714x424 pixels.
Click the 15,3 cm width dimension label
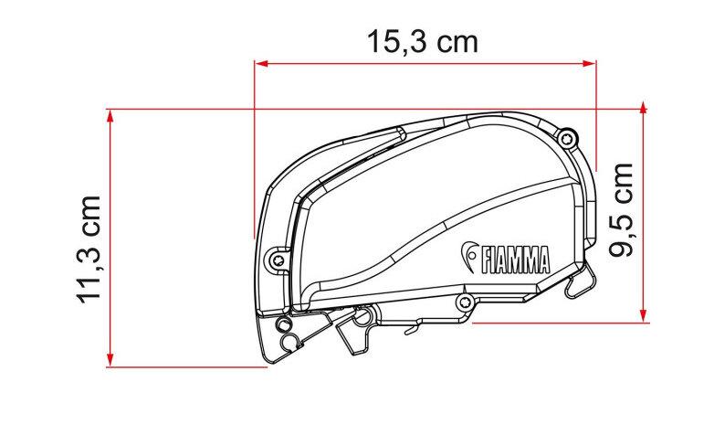point(423,41)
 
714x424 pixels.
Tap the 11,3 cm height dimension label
point(89,249)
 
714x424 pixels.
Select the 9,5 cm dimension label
point(621,209)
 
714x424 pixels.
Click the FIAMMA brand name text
point(515,260)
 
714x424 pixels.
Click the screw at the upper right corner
point(567,138)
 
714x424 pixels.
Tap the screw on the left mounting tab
point(278,260)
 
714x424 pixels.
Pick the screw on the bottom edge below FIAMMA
point(464,301)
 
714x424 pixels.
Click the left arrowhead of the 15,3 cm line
point(261,64)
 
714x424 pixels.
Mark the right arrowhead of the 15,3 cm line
point(590,64)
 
